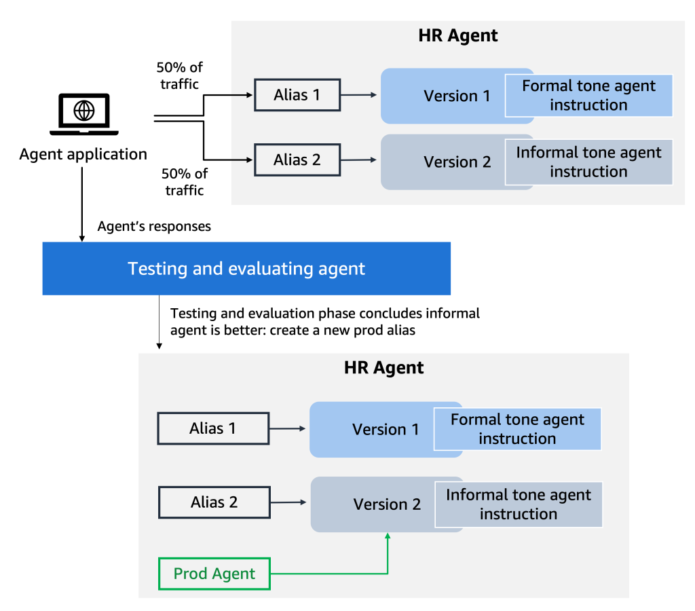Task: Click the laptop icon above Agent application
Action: pos(83,114)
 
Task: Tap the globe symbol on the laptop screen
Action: pos(83,111)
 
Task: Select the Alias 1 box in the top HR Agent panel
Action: pos(297,95)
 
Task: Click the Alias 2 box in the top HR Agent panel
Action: pos(297,160)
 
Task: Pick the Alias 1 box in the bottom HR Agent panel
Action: pos(213,428)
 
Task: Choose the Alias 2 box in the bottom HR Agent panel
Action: pos(214,502)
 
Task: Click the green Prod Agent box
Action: pos(214,574)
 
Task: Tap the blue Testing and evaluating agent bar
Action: pos(246,268)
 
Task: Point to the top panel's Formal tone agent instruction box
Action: pos(588,95)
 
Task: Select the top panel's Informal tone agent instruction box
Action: pos(588,162)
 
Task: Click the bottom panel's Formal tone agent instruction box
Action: pos(517,429)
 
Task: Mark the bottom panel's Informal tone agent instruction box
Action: pos(519,504)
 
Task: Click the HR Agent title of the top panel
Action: pos(458,35)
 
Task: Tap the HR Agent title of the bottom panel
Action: pos(384,368)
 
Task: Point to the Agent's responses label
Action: pos(154,226)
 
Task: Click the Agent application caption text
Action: pos(83,154)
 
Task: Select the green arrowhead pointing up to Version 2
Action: pos(388,536)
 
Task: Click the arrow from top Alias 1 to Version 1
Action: pos(359,95)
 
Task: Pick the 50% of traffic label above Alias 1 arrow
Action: pos(179,76)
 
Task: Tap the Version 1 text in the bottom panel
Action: pos(386,429)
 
